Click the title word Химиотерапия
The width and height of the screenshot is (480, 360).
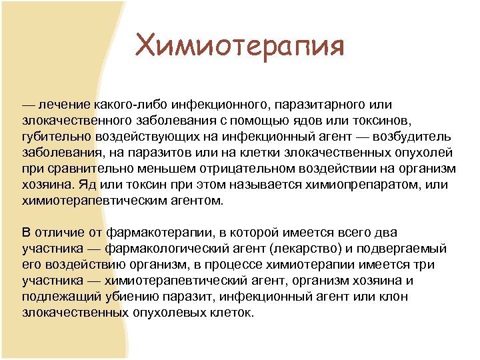[239, 47]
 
